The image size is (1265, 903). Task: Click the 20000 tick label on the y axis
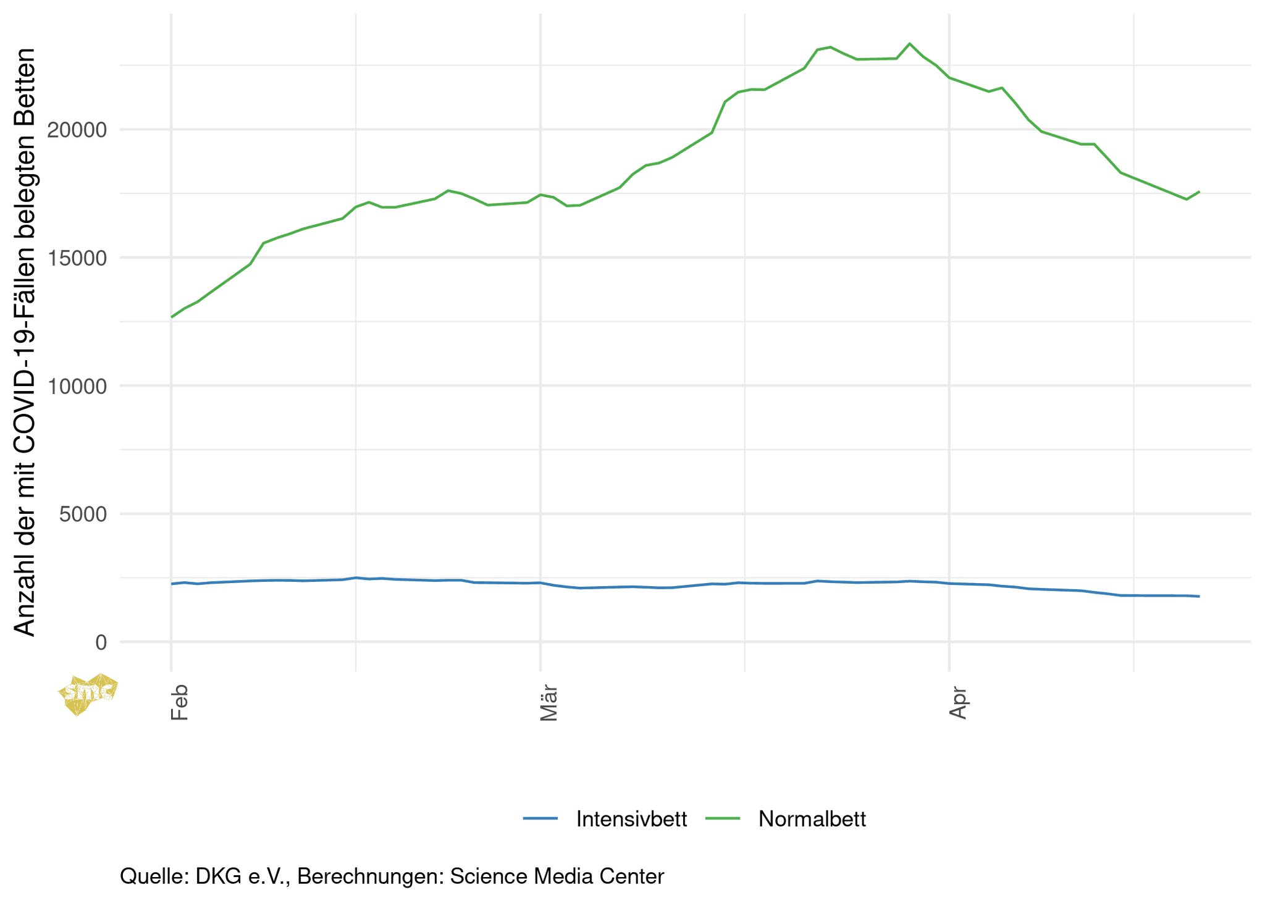click(77, 130)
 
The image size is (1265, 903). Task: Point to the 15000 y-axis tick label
click(77, 258)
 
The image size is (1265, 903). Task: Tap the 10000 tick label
click(77, 387)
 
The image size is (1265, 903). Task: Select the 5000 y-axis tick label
click(83, 514)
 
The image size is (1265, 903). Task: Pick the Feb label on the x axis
click(179, 702)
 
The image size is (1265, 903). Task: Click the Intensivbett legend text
click(631, 819)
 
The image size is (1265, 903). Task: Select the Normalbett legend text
click(812, 819)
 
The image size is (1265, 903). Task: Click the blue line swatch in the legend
click(540, 819)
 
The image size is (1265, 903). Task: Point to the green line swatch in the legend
click(723, 819)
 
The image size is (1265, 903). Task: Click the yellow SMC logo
click(87, 693)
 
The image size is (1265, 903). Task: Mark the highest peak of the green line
click(909, 44)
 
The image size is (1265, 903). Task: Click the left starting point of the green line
click(172, 317)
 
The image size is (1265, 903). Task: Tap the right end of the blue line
click(1199, 597)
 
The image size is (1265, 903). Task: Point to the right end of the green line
click(1199, 191)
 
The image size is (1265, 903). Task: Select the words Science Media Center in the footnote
click(557, 876)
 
